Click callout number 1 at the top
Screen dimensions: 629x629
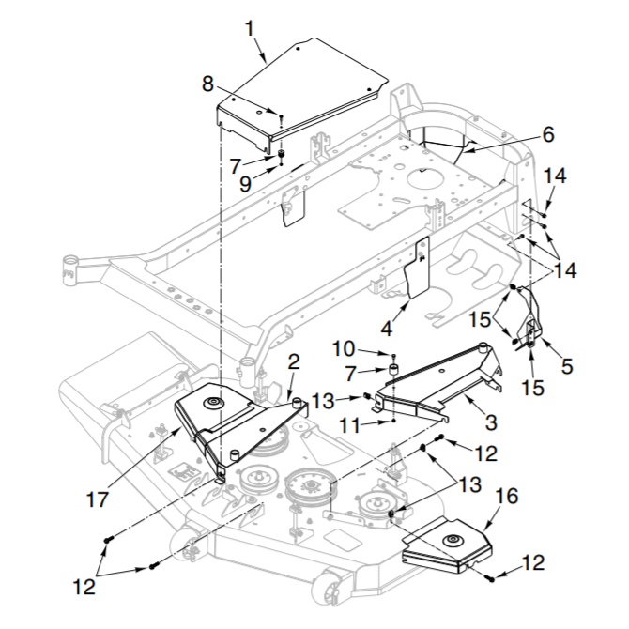[250, 29]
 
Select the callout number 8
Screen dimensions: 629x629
[207, 84]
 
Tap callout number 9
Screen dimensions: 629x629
[245, 184]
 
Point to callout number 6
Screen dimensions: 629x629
[548, 134]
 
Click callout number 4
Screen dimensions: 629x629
[387, 329]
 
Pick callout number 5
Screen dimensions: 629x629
[567, 366]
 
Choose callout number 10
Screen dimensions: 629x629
[344, 349]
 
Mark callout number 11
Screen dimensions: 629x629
[351, 425]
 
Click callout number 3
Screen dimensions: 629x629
[491, 422]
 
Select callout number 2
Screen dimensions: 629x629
[294, 361]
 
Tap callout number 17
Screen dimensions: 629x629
[98, 499]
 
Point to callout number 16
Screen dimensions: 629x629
[508, 496]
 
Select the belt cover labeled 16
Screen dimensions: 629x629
[447, 545]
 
